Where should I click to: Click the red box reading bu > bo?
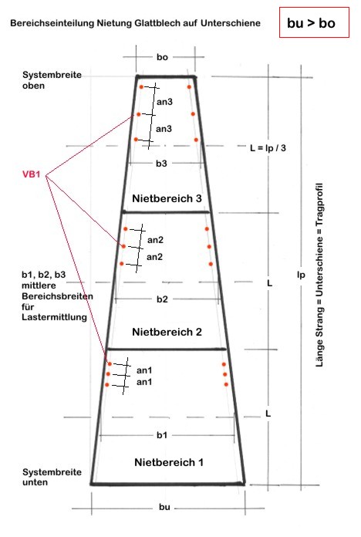click(314, 22)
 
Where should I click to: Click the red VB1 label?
click(31, 174)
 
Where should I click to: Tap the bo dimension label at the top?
click(162, 57)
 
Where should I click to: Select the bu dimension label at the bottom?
click(164, 507)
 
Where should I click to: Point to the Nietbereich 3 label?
click(167, 198)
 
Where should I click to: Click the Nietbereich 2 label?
click(167, 332)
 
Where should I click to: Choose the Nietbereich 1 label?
click(169, 462)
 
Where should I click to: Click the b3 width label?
click(162, 164)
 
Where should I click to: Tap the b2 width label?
click(162, 299)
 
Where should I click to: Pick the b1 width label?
click(162, 435)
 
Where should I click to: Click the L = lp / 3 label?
click(268, 148)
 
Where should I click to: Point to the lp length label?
click(301, 275)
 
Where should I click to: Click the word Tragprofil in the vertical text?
click(319, 204)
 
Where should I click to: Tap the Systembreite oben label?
click(52, 80)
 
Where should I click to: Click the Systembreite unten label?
click(52, 477)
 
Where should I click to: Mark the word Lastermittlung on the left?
click(54, 317)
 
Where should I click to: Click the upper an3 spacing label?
click(164, 102)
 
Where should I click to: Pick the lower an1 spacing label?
click(144, 382)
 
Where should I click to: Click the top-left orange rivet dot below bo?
click(141, 87)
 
